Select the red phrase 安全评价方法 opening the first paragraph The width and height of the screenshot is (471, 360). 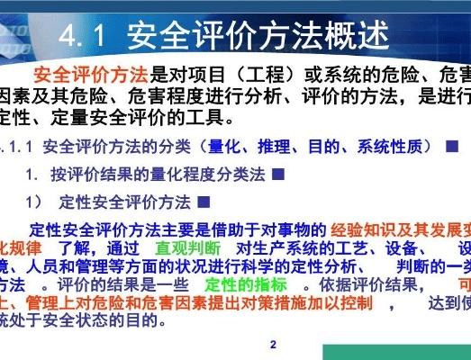point(90,73)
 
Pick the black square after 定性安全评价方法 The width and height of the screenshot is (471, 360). point(204,201)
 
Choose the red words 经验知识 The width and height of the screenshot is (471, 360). point(364,227)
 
